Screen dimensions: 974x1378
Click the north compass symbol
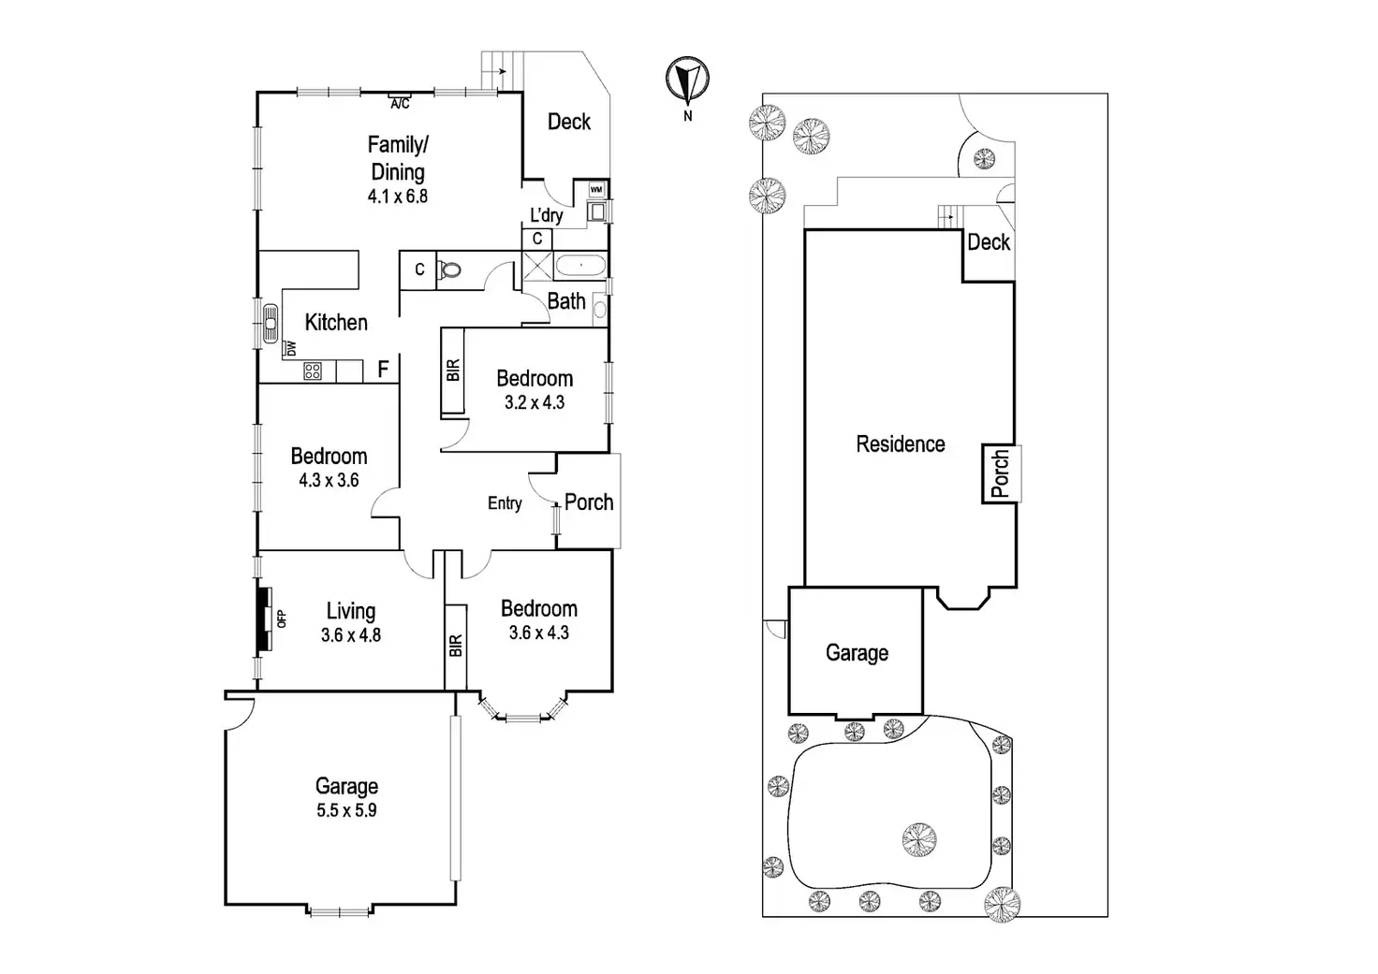(688, 80)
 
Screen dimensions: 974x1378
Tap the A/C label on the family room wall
(400, 103)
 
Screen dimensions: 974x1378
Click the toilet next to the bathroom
(450, 269)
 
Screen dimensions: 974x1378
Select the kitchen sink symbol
(270, 323)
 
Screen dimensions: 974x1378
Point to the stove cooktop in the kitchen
(313, 371)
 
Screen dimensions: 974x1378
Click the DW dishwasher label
(291, 348)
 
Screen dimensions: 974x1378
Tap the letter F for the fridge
(383, 370)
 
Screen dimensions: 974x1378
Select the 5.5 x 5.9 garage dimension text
(346, 810)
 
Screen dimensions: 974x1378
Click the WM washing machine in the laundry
(596, 191)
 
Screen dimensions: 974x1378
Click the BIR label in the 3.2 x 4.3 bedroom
(454, 371)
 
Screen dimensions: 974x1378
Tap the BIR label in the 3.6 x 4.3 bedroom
(456, 646)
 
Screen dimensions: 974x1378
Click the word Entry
(505, 503)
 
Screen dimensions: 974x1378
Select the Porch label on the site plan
(1001, 474)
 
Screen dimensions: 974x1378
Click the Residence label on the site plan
(901, 444)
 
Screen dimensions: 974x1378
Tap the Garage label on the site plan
(857, 653)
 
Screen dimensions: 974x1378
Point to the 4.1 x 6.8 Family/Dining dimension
(398, 196)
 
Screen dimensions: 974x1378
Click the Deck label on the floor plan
(569, 122)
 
